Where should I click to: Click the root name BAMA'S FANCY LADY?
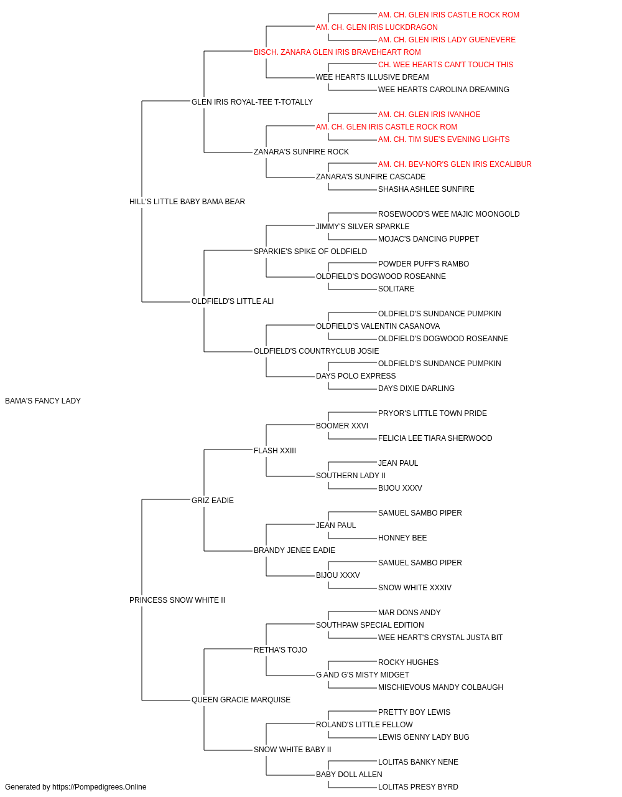pos(43,401)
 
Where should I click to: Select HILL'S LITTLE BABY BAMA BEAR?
pos(187,202)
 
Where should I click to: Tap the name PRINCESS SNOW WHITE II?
pos(177,600)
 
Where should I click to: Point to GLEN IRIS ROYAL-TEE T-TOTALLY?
pos(252,102)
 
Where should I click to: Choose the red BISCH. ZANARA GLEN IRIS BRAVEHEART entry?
pos(337,52)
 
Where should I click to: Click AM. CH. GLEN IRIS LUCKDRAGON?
pos(377,27)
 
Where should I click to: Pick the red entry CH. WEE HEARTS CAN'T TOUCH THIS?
pos(445,65)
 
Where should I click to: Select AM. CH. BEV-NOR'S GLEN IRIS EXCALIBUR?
pos(455,164)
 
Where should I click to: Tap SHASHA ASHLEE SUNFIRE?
pos(426,189)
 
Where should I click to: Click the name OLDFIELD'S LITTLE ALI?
pos(233,301)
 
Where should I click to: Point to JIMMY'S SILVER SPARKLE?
pos(363,227)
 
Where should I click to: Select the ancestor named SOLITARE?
pos(396,289)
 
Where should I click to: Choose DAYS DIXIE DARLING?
pos(416,389)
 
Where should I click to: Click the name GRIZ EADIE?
pos(213,501)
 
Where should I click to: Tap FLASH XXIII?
pos(275,451)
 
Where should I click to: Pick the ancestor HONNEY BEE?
pos(402,538)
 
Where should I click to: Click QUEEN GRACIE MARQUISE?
pos(241,700)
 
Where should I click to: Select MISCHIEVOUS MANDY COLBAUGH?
pos(440,687)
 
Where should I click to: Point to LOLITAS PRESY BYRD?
pos(418,787)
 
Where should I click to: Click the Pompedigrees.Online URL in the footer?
pos(100,787)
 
